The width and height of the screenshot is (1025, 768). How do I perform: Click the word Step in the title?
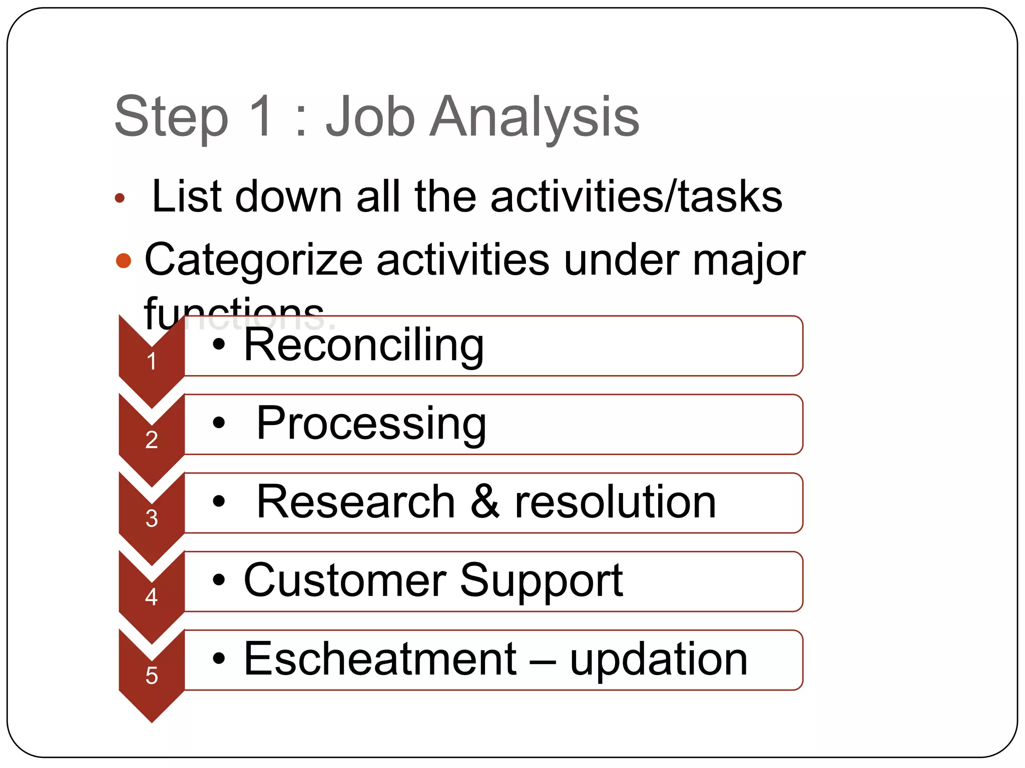click(x=171, y=117)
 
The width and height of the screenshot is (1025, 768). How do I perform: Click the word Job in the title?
click(x=370, y=117)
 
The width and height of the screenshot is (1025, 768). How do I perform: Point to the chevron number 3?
click(x=152, y=518)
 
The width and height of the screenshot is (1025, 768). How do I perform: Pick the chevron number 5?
click(x=152, y=675)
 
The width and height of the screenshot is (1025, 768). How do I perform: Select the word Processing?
click(x=371, y=424)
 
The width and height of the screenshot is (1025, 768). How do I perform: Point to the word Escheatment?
click(x=380, y=659)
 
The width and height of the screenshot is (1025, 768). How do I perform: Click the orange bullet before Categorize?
click(x=123, y=260)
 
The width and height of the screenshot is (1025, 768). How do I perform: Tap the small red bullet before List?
click(x=119, y=198)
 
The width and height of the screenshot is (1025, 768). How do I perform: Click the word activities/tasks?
click(x=636, y=196)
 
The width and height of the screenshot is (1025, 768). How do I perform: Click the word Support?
click(x=541, y=581)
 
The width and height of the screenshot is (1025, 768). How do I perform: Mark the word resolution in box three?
click(x=615, y=502)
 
